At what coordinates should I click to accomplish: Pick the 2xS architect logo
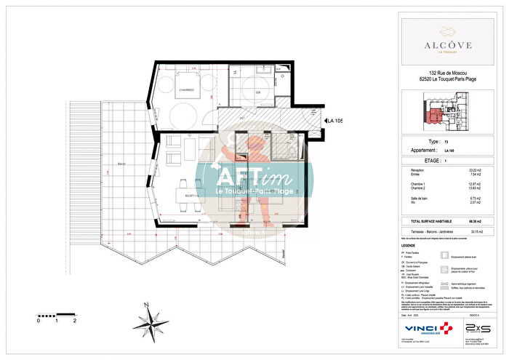pos(477,329)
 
